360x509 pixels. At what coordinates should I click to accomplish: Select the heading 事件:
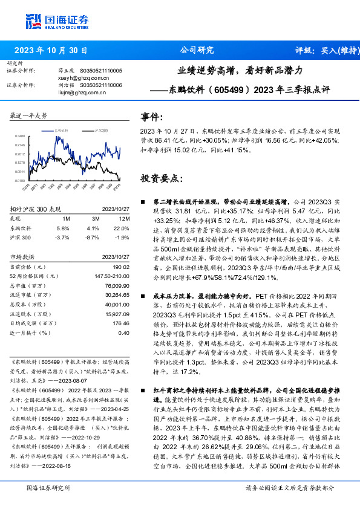point(152,116)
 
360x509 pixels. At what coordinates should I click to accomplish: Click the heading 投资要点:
point(160,179)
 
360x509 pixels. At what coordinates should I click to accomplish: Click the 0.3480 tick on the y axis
point(20,137)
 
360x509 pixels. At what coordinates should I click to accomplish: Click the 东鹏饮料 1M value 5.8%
point(63,228)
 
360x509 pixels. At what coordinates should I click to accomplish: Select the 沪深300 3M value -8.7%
point(93,237)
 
